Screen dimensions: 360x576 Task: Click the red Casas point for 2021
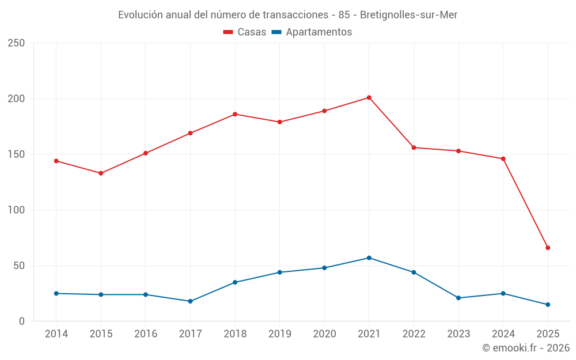click(x=369, y=97)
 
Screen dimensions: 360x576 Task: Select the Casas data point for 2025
click(x=548, y=248)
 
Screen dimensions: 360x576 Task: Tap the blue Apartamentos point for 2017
click(x=190, y=301)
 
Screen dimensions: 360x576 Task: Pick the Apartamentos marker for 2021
click(x=369, y=257)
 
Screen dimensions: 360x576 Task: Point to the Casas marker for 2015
click(x=101, y=173)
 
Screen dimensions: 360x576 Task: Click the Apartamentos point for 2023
click(x=458, y=298)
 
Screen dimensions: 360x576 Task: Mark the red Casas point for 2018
click(x=235, y=114)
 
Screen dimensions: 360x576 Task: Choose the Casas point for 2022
click(x=414, y=147)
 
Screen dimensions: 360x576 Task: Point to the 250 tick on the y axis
click(x=16, y=43)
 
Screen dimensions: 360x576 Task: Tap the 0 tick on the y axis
click(x=21, y=321)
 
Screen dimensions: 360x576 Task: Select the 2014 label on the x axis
click(x=56, y=334)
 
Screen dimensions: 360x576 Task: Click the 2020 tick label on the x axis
click(x=324, y=334)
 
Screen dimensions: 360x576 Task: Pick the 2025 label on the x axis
click(x=548, y=334)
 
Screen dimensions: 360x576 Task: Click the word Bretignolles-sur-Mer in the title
click(x=408, y=15)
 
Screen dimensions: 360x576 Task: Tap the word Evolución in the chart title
click(x=140, y=15)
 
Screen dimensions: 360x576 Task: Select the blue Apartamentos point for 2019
click(x=279, y=272)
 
